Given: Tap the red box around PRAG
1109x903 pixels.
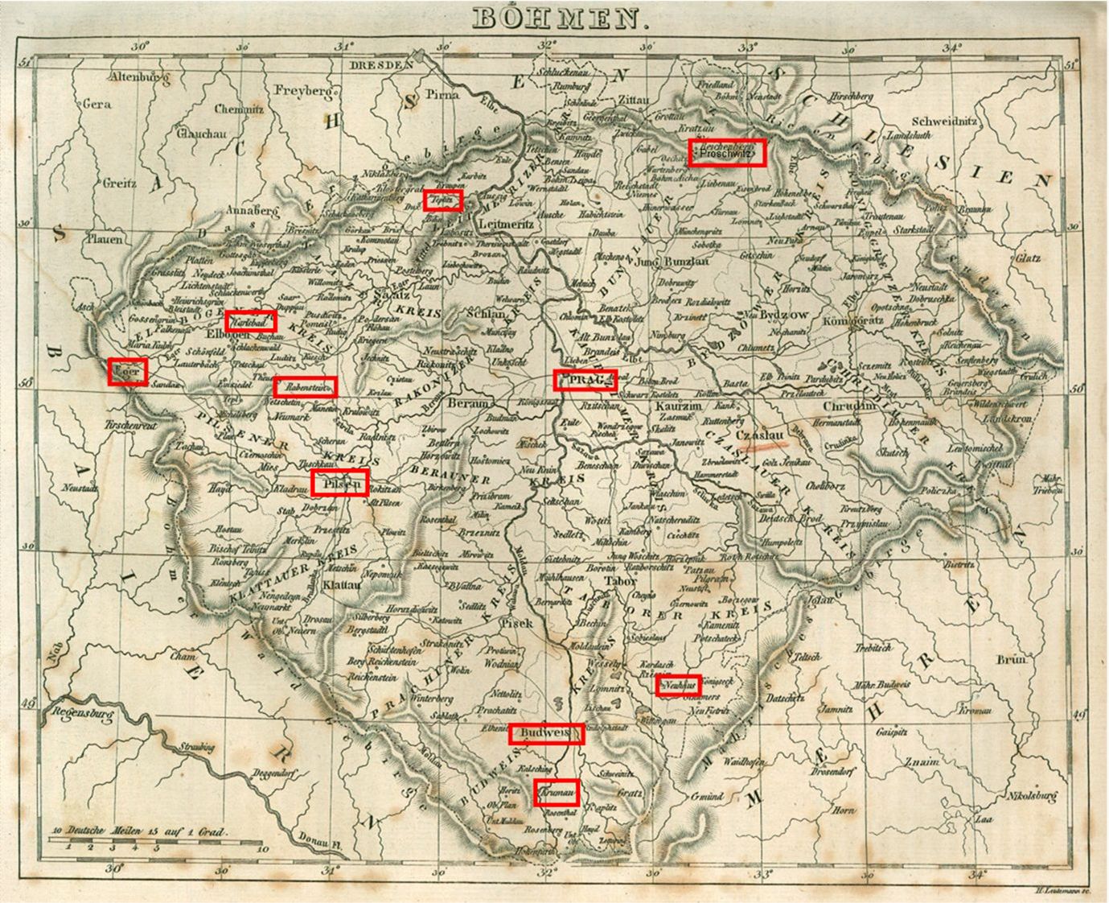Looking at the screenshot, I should tap(585, 380).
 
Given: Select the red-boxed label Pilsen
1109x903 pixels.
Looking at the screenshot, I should tap(339, 483).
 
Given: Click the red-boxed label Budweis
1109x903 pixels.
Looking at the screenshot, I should tap(546, 733).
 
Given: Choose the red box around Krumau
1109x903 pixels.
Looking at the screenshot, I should tap(557, 793).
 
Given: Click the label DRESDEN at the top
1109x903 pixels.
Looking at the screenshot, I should tap(380, 64).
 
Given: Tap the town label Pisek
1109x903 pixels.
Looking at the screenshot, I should tap(515, 622).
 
